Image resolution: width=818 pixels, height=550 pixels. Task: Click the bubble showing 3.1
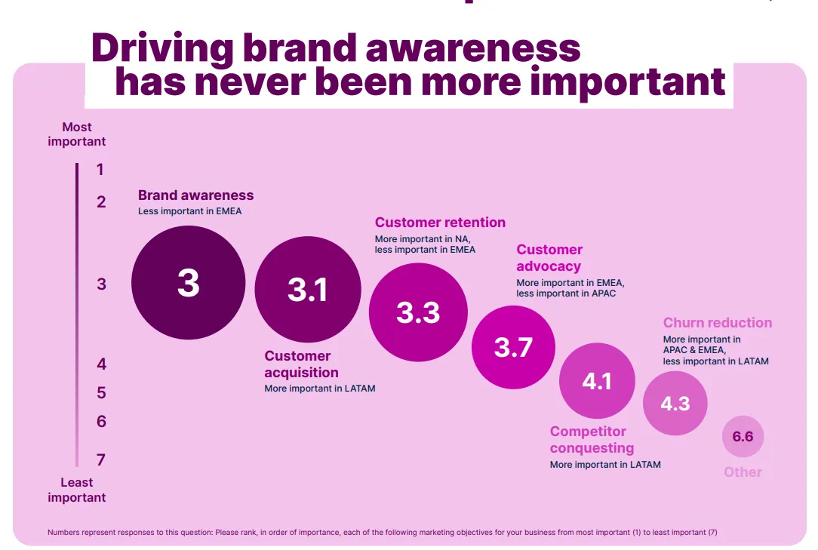coord(308,290)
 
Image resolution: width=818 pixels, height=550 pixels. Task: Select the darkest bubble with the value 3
coord(189,283)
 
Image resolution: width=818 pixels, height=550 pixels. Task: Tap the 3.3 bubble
coord(418,312)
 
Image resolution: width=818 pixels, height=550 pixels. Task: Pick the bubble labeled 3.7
coord(513,347)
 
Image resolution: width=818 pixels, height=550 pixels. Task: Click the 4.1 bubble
coord(598,381)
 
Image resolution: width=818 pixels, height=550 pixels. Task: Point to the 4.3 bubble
coord(675,404)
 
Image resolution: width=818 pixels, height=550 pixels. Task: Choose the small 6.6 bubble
coord(743,436)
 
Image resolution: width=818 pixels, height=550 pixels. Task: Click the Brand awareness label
coord(195,195)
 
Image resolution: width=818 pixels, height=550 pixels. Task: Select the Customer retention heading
coord(440,223)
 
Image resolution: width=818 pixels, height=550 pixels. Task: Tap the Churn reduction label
coord(718,322)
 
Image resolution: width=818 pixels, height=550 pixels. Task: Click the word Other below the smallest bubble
coord(743,472)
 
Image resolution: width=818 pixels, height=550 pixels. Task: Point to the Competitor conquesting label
coord(592,439)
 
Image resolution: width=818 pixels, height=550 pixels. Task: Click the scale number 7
coord(101,459)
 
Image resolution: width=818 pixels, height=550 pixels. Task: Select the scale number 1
coord(100,170)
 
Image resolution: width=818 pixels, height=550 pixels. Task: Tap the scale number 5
coord(101,393)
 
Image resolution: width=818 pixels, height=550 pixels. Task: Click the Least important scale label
coord(77,490)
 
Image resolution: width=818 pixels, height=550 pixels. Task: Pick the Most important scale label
coord(77,134)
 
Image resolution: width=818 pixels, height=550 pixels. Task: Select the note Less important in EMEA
coord(190,211)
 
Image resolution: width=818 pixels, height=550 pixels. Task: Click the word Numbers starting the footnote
coord(63,532)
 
